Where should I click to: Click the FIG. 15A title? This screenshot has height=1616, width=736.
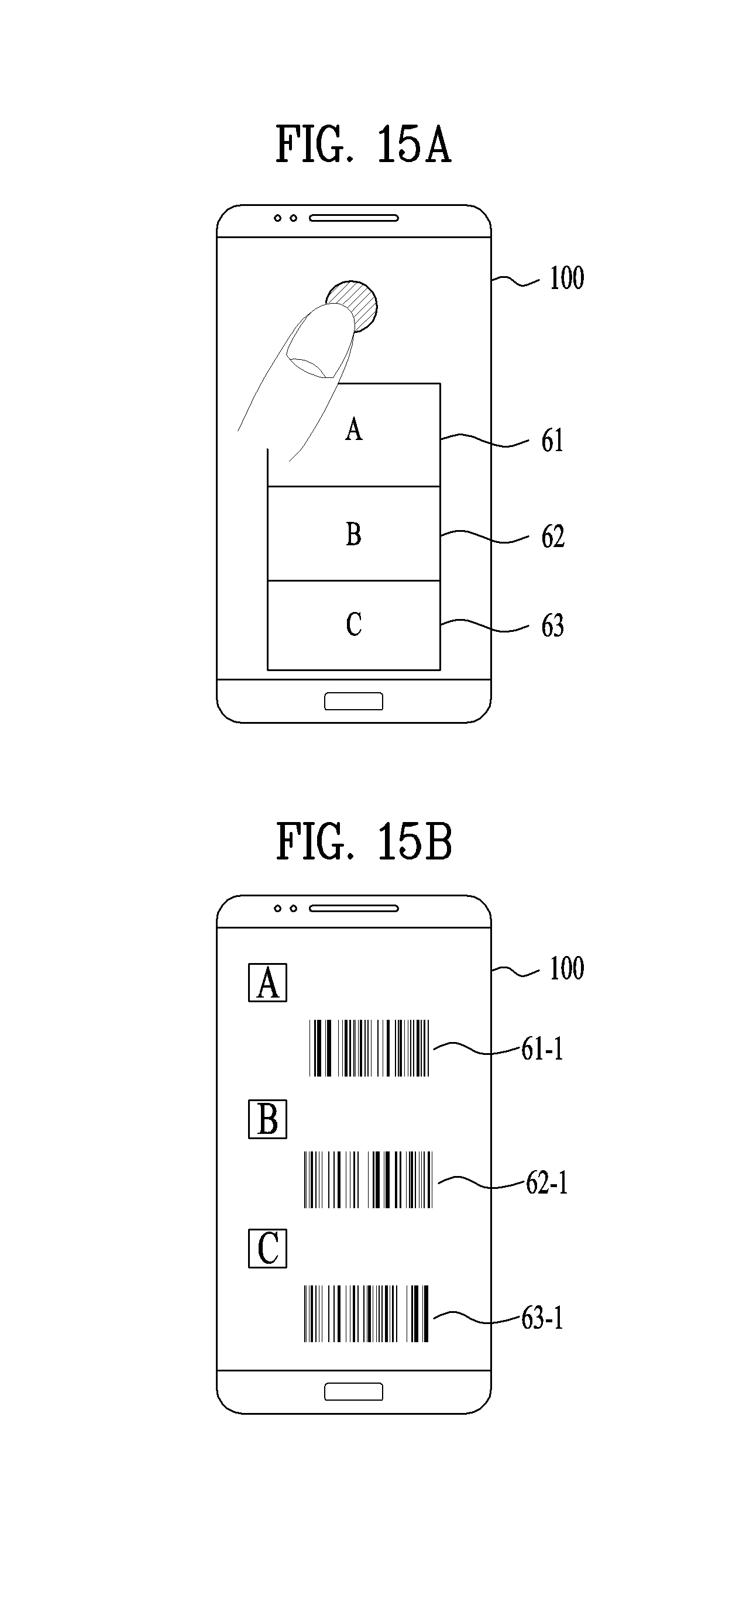tap(363, 145)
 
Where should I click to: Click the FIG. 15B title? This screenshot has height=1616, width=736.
tap(364, 842)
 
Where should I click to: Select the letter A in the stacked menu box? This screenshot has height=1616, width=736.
tap(354, 429)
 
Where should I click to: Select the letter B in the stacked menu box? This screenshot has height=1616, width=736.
tap(354, 535)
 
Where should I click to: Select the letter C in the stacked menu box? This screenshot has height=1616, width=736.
tap(354, 625)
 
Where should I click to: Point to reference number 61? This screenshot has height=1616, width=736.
tap(552, 441)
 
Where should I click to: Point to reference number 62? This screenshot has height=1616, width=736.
tap(553, 537)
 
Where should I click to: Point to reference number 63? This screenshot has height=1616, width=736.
tap(553, 626)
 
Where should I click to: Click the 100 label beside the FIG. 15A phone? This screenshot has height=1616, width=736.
tap(566, 278)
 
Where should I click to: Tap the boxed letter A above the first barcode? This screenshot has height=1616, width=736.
tap(268, 982)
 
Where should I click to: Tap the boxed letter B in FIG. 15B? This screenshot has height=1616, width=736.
tap(268, 1119)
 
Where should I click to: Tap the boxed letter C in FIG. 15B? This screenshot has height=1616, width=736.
tap(268, 1249)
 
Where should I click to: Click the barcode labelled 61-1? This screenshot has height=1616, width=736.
tap(370, 1048)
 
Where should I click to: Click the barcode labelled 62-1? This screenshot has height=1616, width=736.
tap(369, 1180)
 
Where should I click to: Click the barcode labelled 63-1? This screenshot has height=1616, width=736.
tap(366, 1314)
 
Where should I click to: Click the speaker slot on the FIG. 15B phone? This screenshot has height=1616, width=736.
tap(354, 909)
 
